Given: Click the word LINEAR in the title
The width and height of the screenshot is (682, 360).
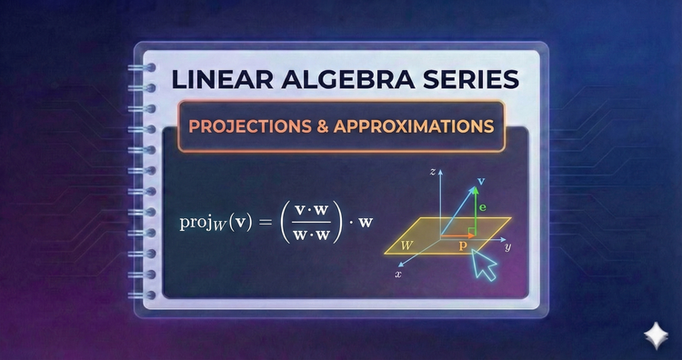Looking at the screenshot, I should click(223, 79).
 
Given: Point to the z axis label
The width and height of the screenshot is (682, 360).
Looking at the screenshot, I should click(435, 170).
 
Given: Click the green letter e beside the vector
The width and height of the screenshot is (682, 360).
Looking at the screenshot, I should click(482, 208).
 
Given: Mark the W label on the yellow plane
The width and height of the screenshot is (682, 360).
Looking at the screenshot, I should click(407, 244).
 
